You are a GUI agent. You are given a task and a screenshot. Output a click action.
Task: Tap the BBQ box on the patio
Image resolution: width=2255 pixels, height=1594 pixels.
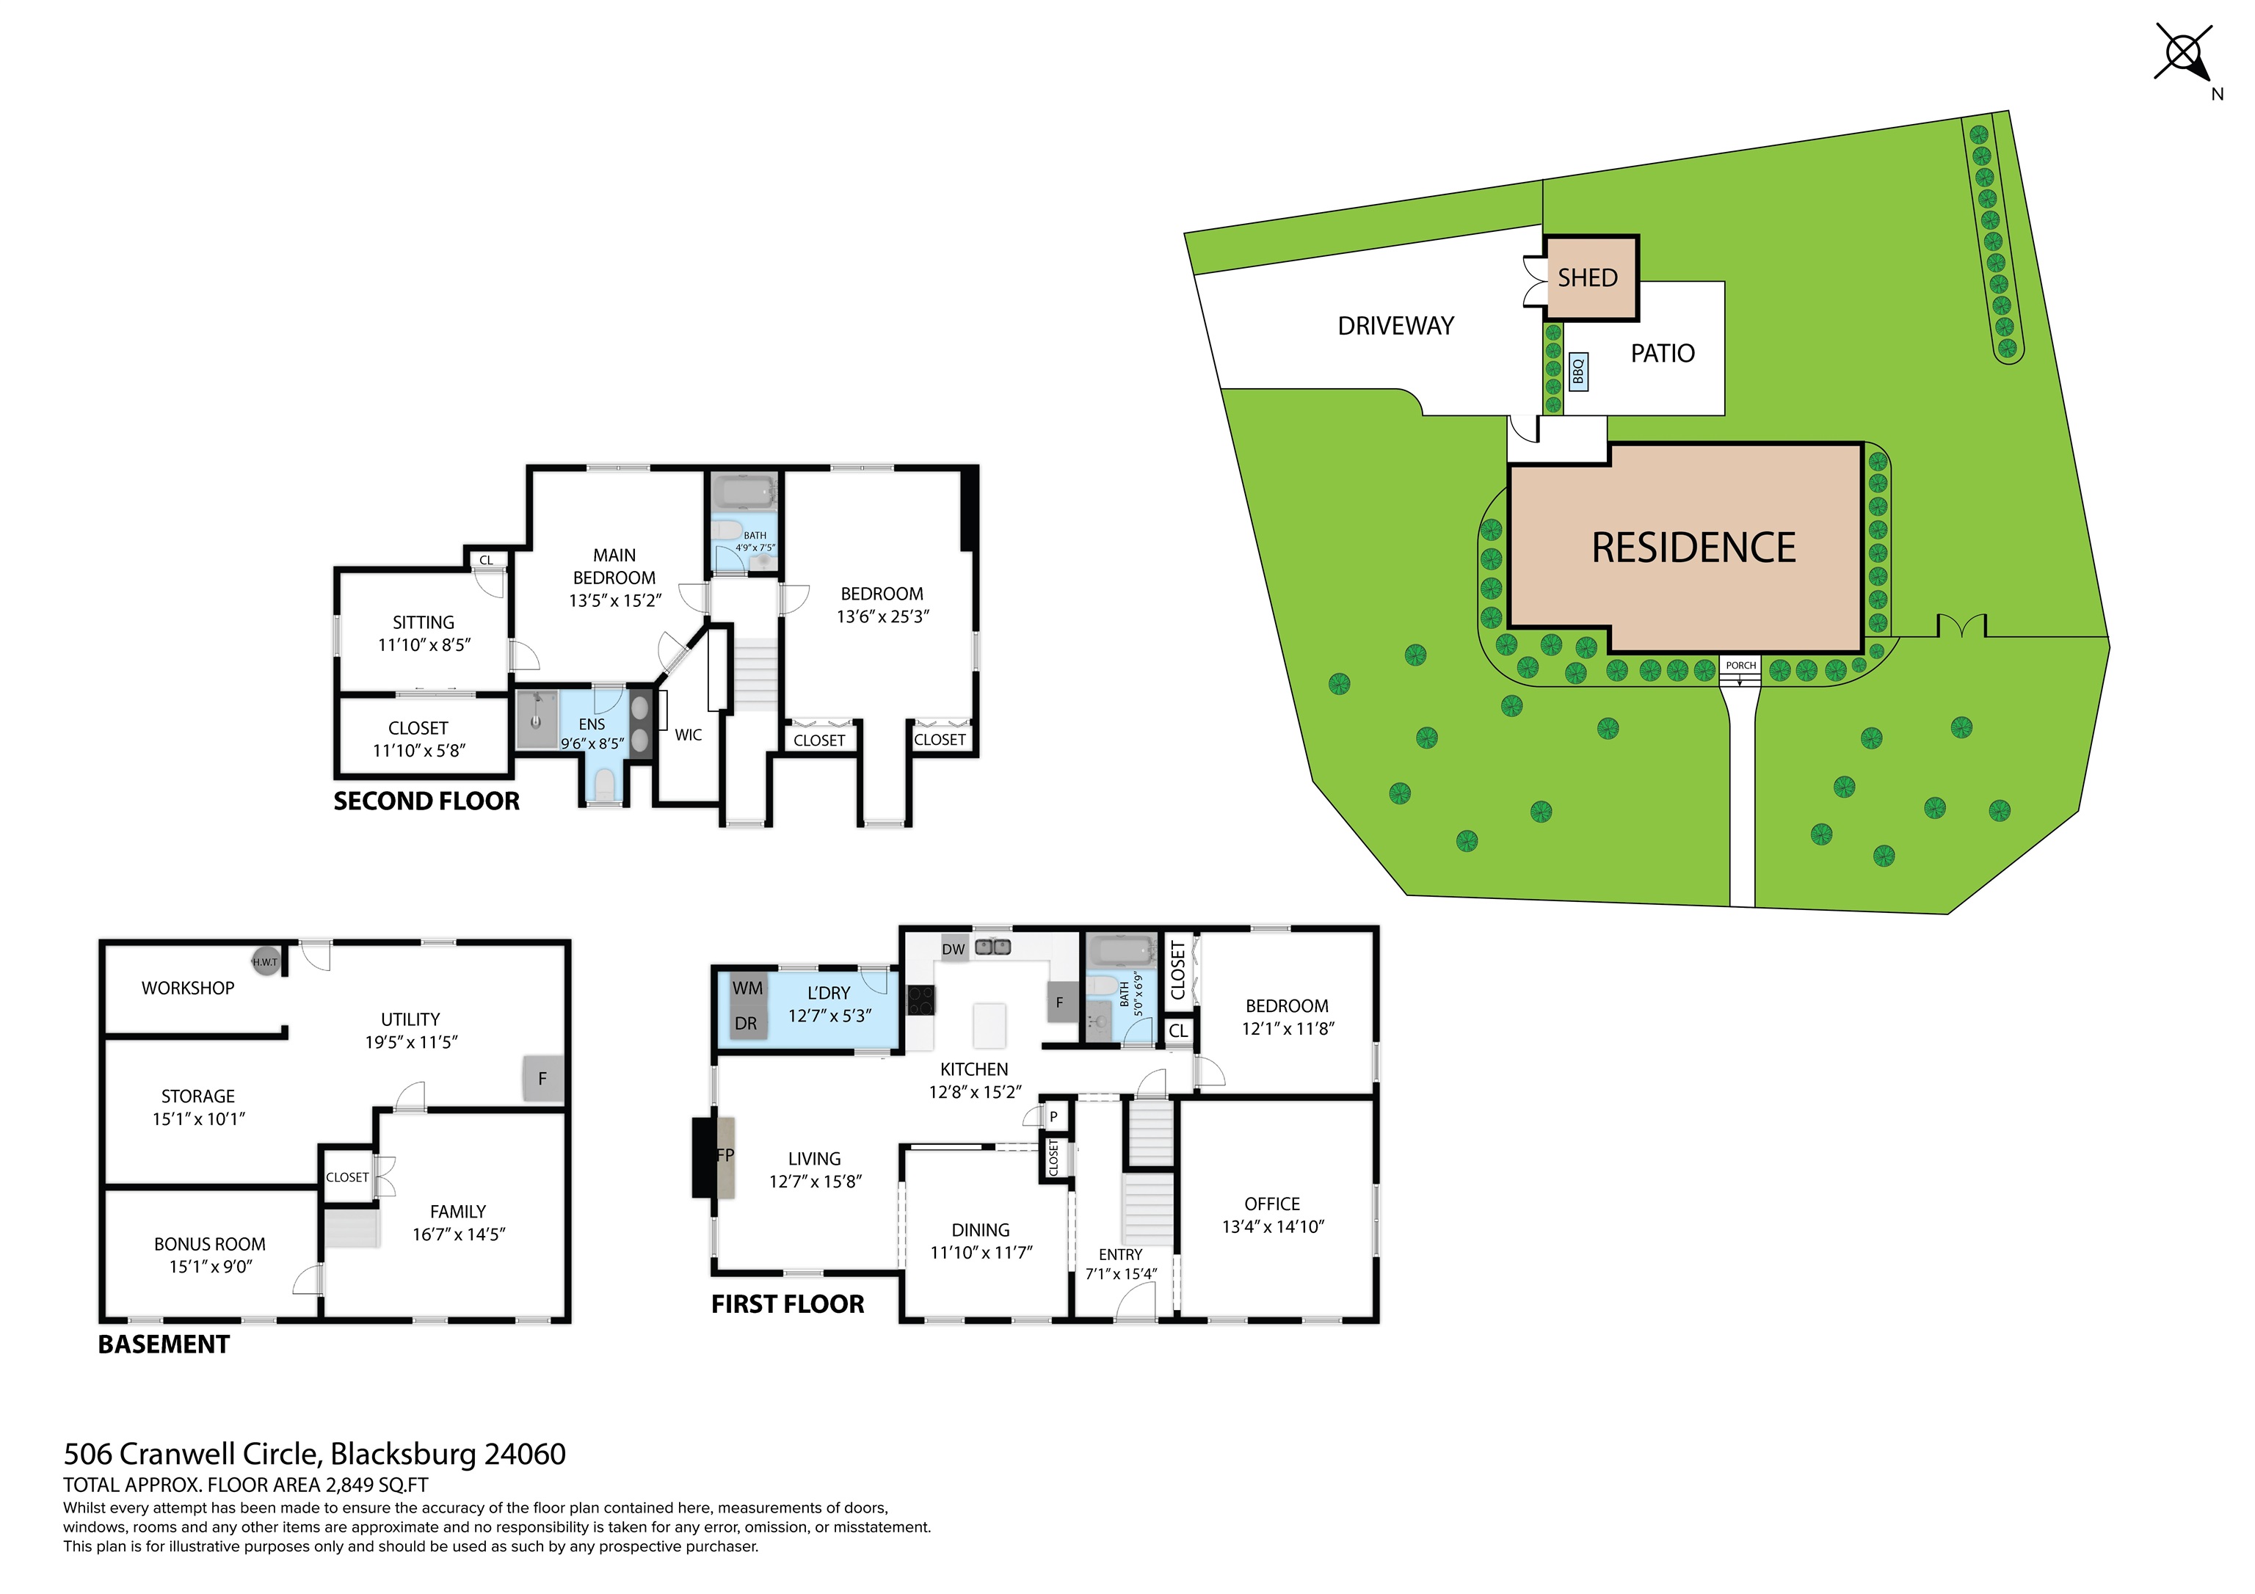point(1578,371)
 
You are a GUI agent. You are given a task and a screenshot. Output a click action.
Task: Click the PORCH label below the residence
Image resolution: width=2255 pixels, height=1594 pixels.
point(1740,665)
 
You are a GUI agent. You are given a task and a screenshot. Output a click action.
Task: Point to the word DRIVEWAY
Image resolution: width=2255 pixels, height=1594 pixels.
point(1395,326)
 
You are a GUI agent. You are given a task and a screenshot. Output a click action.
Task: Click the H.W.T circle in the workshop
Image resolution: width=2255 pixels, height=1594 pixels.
point(265,961)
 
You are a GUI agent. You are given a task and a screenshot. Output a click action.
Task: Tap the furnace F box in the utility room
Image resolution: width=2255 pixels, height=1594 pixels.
point(542,1078)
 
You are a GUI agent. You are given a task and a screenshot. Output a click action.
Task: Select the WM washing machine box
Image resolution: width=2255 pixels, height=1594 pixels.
point(747,988)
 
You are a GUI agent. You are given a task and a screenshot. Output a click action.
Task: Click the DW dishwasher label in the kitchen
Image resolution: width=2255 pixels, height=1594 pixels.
point(954,949)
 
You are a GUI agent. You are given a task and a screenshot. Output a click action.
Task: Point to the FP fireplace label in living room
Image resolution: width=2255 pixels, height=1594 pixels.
point(725,1155)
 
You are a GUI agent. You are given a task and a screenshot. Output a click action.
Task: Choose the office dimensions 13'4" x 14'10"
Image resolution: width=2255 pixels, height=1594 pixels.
point(1273,1226)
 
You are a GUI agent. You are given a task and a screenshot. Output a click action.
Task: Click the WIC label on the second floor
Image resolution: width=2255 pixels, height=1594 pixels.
point(688,735)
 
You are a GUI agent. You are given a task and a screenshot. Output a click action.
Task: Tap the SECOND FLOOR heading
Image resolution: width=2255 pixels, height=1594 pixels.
point(426,801)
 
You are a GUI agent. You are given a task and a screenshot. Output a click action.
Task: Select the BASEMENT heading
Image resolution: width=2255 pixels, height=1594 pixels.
point(164,1344)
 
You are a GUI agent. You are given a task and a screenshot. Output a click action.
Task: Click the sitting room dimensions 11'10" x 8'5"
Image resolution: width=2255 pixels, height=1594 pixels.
point(424,645)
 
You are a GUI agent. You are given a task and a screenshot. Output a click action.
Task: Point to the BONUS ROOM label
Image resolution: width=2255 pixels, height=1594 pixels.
point(209,1245)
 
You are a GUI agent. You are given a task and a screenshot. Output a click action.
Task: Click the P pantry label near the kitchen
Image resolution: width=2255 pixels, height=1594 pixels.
point(1053,1117)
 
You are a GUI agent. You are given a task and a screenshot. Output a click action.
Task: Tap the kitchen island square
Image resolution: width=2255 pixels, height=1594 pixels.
point(989,1025)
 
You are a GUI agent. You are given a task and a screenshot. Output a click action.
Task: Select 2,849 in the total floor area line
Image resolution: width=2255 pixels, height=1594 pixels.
point(355,1485)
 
